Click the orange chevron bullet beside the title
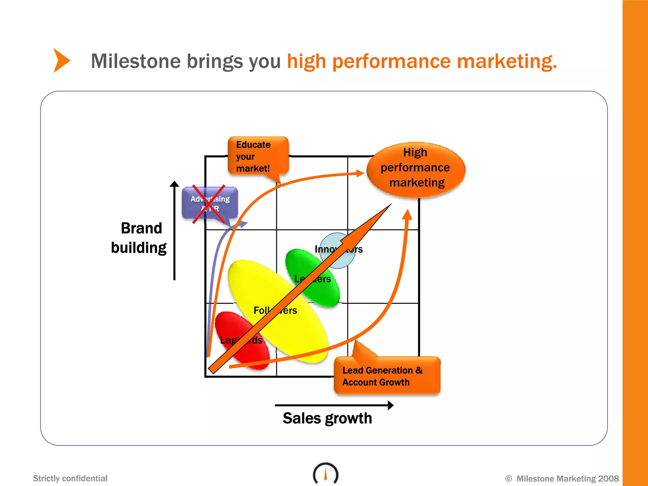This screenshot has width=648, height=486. (x=61, y=60)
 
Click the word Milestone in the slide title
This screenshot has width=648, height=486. (x=135, y=61)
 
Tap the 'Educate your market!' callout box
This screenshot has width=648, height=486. (x=258, y=156)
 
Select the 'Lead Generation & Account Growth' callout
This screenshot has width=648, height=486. (x=387, y=376)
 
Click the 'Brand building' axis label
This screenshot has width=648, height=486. (x=140, y=238)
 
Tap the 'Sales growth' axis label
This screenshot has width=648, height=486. (x=327, y=418)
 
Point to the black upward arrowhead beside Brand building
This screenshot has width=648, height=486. (x=174, y=184)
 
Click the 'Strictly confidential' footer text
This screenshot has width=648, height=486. (x=70, y=478)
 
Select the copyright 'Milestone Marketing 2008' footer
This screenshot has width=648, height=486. (x=562, y=478)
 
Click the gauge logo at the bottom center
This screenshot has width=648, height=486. (x=326, y=473)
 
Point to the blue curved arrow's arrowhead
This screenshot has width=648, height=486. (x=243, y=224)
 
